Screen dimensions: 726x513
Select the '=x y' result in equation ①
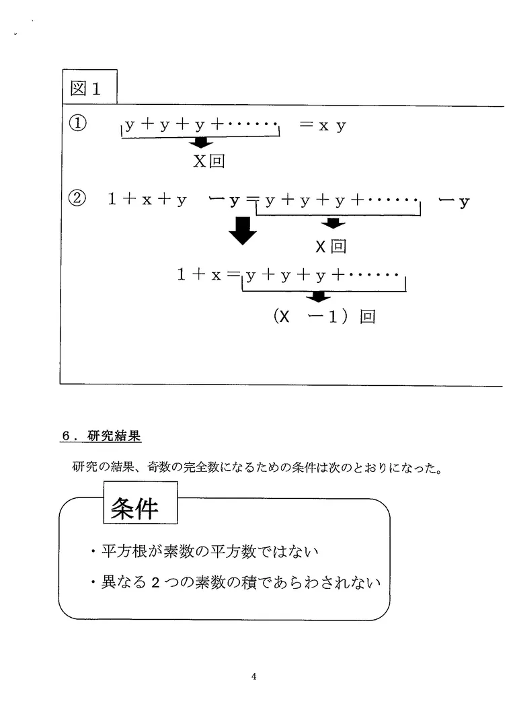[x=322, y=126]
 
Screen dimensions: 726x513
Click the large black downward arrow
[x=243, y=231]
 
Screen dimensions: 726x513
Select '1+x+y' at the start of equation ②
[x=147, y=200]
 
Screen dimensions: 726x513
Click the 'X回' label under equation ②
[x=331, y=246]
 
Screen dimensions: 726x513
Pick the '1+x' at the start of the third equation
[x=199, y=274]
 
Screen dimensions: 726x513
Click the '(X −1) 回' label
[x=324, y=317]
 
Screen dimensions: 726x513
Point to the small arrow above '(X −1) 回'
[x=318, y=296]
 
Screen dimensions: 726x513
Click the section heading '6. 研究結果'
[x=101, y=436]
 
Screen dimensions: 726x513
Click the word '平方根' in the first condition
[x=124, y=552]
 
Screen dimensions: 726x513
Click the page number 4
[x=253, y=676]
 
